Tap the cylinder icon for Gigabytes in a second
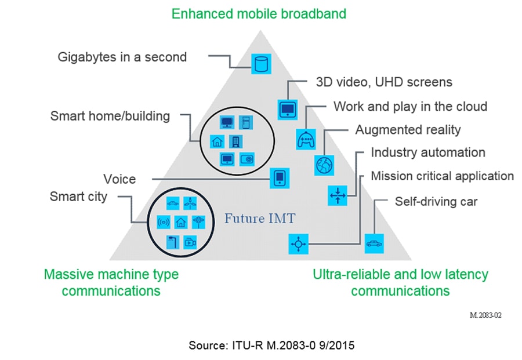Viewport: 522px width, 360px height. click(x=261, y=63)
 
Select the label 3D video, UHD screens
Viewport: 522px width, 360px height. click(x=383, y=82)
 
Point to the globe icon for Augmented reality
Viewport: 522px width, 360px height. click(x=322, y=165)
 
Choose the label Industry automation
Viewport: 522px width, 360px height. click(x=428, y=152)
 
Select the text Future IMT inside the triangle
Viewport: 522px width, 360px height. click(x=260, y=219)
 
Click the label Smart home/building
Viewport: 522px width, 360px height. click(x=110, y=116)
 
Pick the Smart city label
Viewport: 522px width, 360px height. click(x=78, y=197)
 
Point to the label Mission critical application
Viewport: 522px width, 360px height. click(x=442, y=176)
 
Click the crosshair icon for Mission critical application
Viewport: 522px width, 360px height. click(x=299, y=244)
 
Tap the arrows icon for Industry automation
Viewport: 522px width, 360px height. click(x=337, y=195)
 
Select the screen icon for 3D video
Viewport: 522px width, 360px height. click(x=287, y=109)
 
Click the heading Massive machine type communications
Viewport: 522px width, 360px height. click(x=111, y=282)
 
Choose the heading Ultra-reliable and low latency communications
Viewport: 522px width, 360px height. click(x=400, y=282)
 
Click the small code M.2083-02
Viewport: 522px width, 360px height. click(x=485, y=315)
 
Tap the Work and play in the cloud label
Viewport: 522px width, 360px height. click(x=410, y=107)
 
